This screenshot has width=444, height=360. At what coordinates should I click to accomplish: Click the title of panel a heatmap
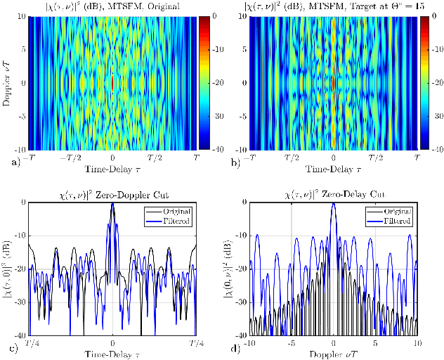pos(112,6)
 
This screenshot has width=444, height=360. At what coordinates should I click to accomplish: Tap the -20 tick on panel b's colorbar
pos(433,82)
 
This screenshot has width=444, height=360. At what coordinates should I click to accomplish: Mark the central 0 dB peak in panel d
pos(334,204)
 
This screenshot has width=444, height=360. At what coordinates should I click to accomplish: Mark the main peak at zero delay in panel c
pos(113,204)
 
